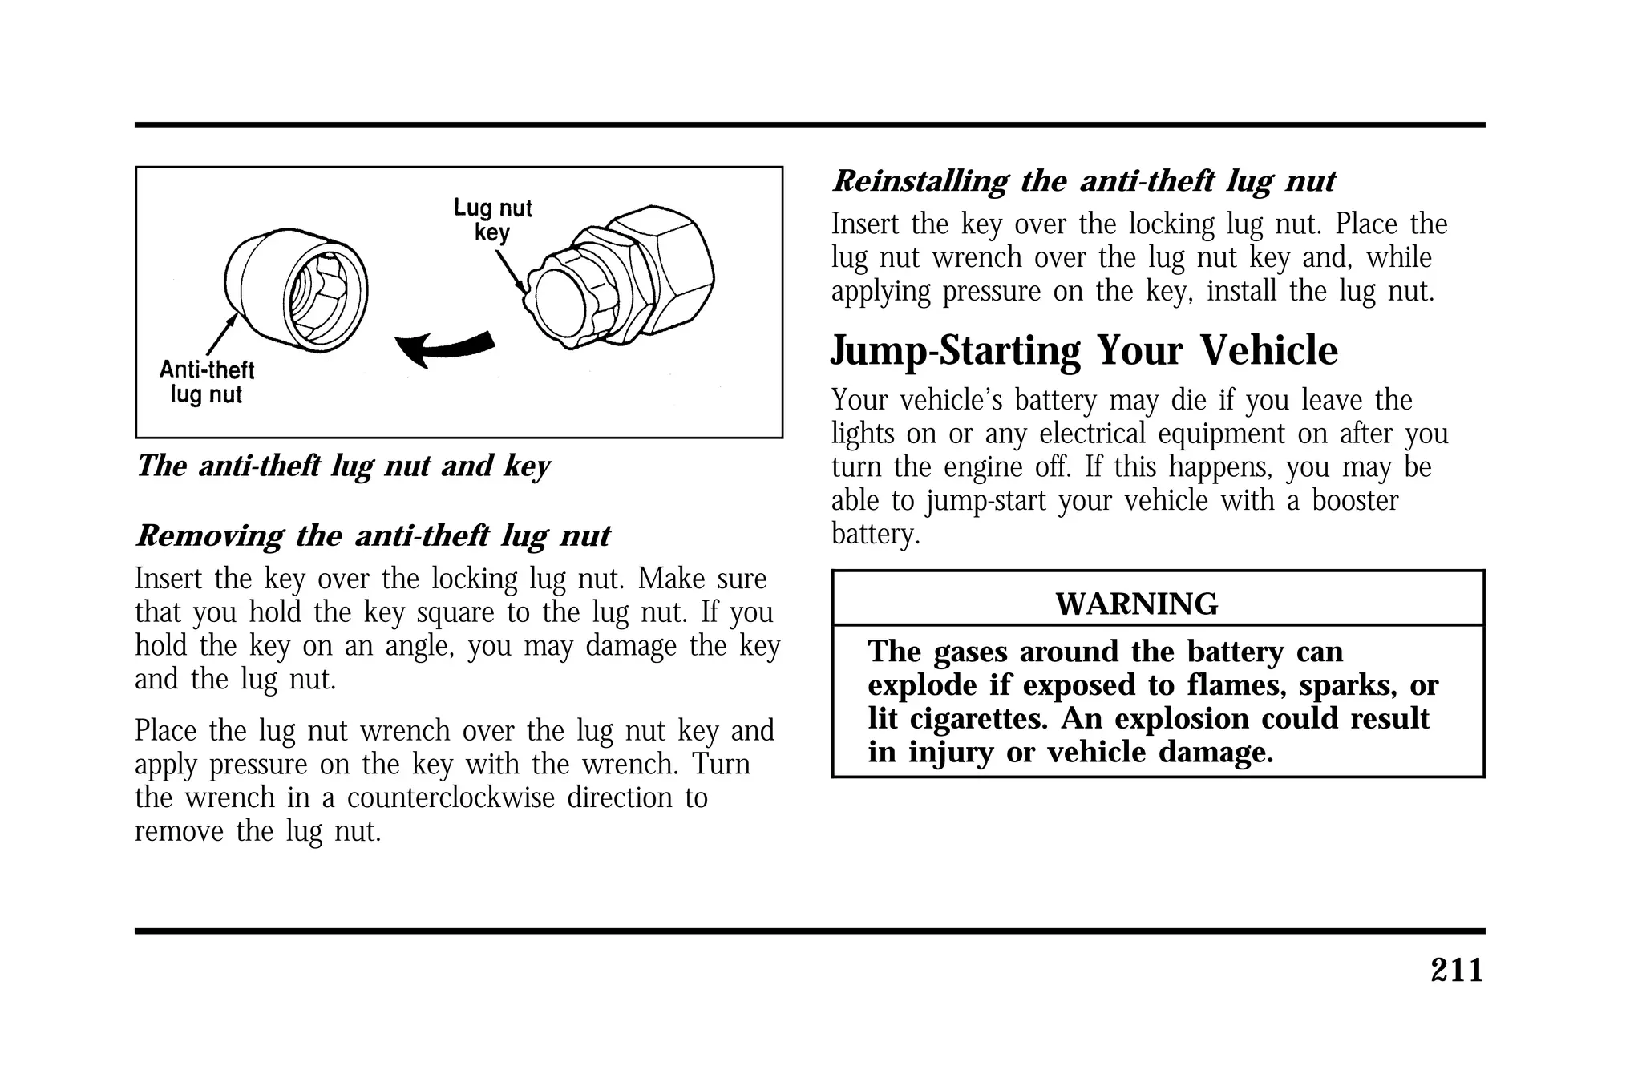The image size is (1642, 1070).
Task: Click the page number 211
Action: click(1457, 971)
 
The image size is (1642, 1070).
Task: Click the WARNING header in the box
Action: click(1136, 604)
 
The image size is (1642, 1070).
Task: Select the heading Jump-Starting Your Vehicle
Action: click(1084, 351)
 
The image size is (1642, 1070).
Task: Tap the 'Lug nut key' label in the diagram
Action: click(492, 220)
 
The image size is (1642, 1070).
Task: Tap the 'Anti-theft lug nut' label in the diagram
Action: click(207, 382)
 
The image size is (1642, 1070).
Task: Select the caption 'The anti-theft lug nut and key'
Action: click(343, 466)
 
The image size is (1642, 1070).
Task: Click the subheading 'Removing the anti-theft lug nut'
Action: click(373, 535)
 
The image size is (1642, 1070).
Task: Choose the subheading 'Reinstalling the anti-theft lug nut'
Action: click(1083, 181)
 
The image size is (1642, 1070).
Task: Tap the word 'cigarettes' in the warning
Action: click(978, 719)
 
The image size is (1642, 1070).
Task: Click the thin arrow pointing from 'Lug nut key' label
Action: click(510, 269)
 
